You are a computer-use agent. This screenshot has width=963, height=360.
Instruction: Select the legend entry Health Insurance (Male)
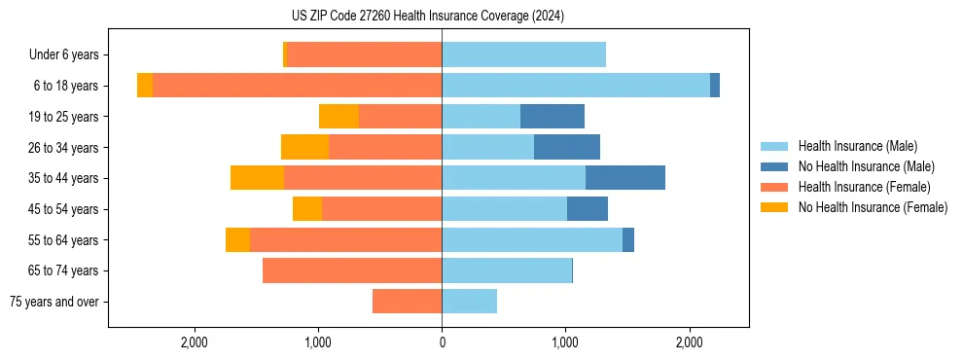857,146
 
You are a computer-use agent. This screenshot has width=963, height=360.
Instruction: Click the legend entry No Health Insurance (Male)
866,166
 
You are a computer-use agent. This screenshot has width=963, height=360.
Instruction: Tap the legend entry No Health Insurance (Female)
873,207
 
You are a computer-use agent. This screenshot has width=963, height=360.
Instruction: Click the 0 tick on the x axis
442,342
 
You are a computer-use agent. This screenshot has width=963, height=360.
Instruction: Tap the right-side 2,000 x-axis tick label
689,342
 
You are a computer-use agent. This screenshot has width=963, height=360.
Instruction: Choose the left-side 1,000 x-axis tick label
318,342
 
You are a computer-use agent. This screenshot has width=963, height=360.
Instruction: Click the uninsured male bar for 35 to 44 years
625,178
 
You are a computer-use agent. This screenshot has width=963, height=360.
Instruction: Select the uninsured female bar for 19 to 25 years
339,117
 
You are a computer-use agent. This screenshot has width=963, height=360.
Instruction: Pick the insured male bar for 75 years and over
469,302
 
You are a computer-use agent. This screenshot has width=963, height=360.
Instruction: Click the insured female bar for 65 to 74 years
352,270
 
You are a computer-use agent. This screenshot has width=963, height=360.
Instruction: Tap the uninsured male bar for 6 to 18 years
715,86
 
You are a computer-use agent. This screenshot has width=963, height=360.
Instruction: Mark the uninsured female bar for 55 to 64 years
237,240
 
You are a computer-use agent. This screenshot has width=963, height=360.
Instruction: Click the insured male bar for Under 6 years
523,55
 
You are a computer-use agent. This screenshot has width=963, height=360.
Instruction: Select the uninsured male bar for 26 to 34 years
567,148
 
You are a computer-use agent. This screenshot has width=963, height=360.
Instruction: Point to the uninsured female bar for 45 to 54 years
307,209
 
